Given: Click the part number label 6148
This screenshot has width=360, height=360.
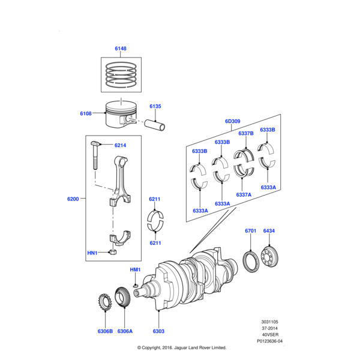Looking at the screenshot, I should coord(121,48).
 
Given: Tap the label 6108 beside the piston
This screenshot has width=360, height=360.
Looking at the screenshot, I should coord(86,113).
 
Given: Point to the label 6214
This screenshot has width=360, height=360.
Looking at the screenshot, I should coord(120,145).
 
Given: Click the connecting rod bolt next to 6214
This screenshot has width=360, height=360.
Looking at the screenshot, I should coord(96,157).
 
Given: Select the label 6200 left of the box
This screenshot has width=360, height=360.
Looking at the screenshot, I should coord(73,198).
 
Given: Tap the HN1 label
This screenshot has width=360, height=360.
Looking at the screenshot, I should coord(92,254).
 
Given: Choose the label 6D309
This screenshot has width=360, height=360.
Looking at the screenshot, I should coord(233,121).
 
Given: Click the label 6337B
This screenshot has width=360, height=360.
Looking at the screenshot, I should coord(245,133).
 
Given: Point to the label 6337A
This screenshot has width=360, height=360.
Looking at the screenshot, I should coord(243,194).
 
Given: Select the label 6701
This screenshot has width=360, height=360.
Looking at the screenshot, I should coord(250,231).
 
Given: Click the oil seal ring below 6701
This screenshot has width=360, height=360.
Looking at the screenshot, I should coord(250,263).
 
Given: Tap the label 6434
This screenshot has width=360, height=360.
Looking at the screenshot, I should coord(269,231).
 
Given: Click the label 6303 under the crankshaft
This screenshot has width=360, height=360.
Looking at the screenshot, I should coord(158,331).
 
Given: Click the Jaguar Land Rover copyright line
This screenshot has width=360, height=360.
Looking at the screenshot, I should coord(181,347).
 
